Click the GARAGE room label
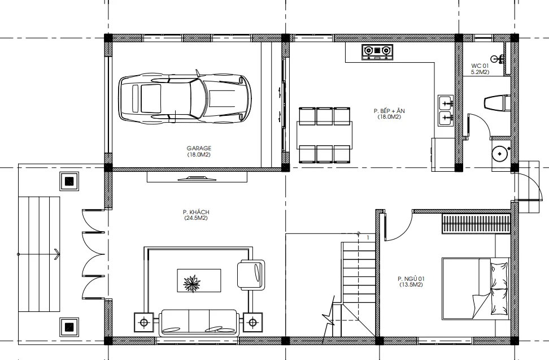coord(198,151)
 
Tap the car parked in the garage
coord(185,98)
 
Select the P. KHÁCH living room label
coord(196,215)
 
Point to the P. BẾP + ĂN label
coord(389,114)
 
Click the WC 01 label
coord(480,68)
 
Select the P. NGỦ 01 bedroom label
coord(411,281)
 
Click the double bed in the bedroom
coord(476,289)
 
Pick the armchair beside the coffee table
coord(251,275)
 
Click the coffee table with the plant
coord(199,280)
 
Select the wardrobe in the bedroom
coord(475,224)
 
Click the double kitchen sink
coord(446,111)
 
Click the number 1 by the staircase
coord(368,238)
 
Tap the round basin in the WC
coord(499,154)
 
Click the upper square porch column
coord(69,181)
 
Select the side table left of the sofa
coord(144,322)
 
